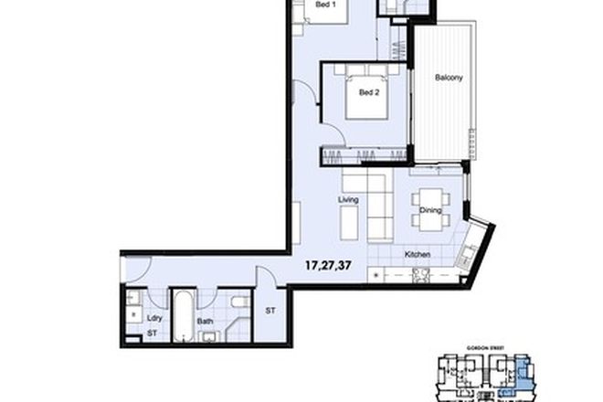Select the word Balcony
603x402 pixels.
pos(449,78)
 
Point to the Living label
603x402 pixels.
pos(346,200)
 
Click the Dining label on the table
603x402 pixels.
pos(430,211)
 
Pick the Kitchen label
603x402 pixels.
pos(418,254)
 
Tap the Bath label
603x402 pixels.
pos(205,321)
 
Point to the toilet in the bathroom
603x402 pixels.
pos(238,302)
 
